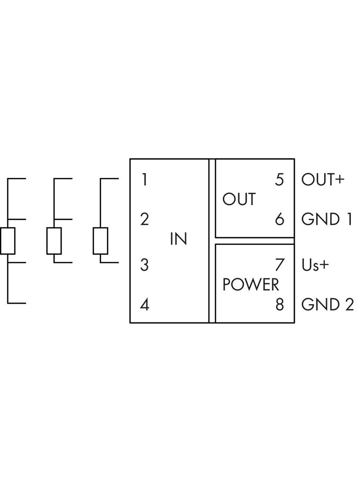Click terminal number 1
pos(145,179)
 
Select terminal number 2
pos(145,219)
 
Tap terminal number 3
pos(145,265)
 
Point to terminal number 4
pos(145,305)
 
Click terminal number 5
pos(280,179)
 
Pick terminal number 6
pos(280,219)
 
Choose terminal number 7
pos(280,265)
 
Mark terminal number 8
pos(280,305)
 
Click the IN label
pos(178,239)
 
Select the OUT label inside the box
pos(239,200)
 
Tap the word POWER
pos(251,285)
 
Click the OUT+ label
pos(322,179)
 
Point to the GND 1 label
pos(326,219)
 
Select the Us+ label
pos(315,265)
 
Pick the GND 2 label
pos(327,305)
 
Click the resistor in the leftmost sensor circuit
pos(8,241)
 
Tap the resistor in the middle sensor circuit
pos(54,241)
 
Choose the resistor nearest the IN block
pos(100,241)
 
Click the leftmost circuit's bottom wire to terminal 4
pos(17,303)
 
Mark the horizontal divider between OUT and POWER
pos(255,241)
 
